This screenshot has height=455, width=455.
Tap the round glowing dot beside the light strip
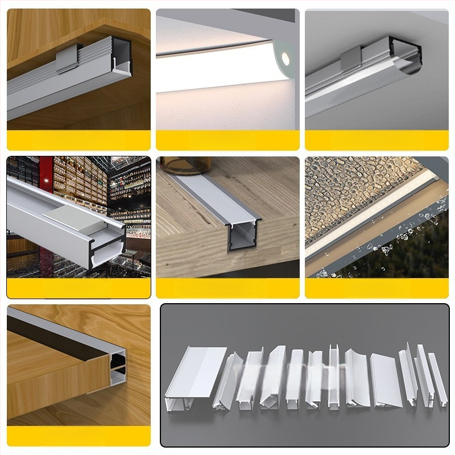(284, 57)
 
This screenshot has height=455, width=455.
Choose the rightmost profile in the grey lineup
(437, 380)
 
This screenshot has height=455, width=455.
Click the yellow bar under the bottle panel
(227, 288)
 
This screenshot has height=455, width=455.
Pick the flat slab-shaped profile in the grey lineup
(386, 380)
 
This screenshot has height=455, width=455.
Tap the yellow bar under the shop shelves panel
(78, 288)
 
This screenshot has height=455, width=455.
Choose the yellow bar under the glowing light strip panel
(227, 140)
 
